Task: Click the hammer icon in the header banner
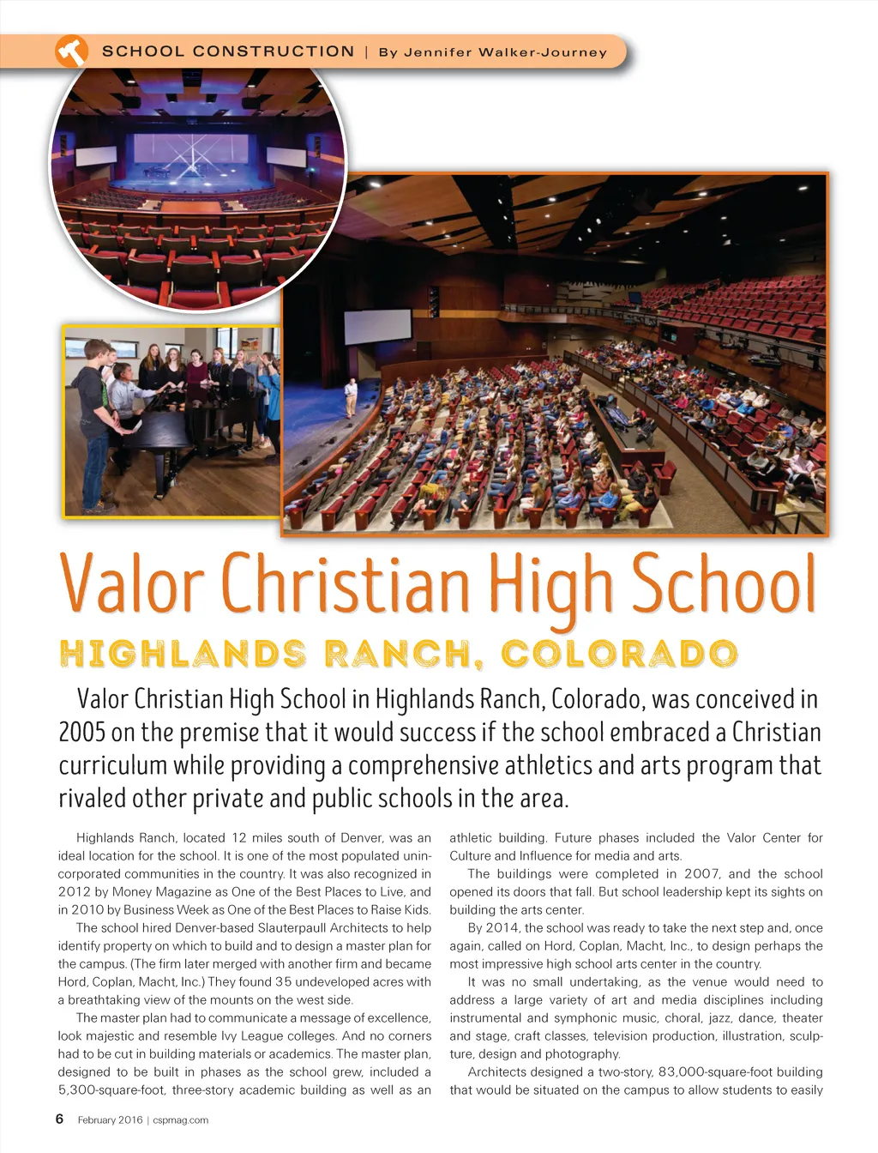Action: pyautogui.click(x=72, y=51)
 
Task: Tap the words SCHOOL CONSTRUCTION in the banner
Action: pyautogui.click(x=228, y=51)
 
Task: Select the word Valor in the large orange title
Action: pyautogui.click(x=132, y=583)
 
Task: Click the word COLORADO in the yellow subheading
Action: pyautogui.click(x=619, y=655)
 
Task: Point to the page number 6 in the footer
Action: pyautogui.click(x=59, y=1119)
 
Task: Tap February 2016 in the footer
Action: pyautogui.click(x=110, y=1120)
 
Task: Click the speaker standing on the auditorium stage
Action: pyautogui.click(x=350, y=397)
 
